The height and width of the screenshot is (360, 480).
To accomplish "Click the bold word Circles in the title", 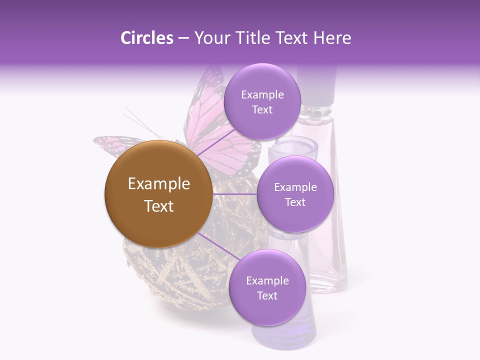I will (146, 38).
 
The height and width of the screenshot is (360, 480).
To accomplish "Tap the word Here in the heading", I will (332, 38).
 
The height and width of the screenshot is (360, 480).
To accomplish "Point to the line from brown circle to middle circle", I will (235, 194).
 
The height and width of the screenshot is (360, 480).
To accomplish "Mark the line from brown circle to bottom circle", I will (216, 246).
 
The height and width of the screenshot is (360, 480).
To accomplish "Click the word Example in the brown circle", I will (159, 184).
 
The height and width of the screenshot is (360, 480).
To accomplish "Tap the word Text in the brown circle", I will (159, 206).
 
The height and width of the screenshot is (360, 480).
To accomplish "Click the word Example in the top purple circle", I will (262, 94).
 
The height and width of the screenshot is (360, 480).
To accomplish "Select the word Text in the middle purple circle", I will (295, 202).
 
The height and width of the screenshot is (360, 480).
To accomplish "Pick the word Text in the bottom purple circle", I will (267, 295).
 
